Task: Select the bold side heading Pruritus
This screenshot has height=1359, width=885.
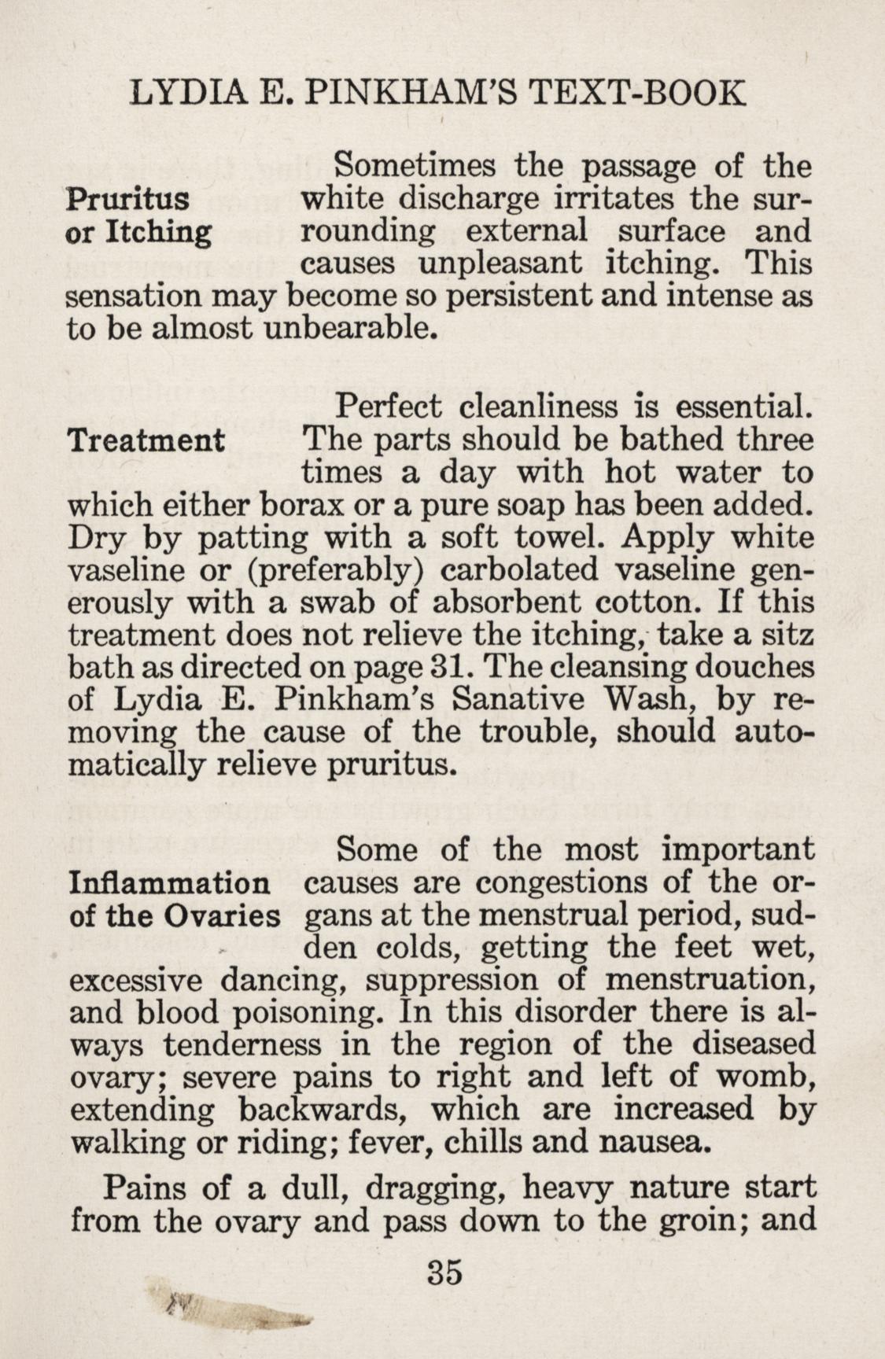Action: (128, 200)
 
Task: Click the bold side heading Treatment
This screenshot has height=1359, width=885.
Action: (147, 440)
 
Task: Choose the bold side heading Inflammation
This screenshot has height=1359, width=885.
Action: (170, 882)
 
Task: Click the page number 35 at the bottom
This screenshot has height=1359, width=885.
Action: (443, 1271)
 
